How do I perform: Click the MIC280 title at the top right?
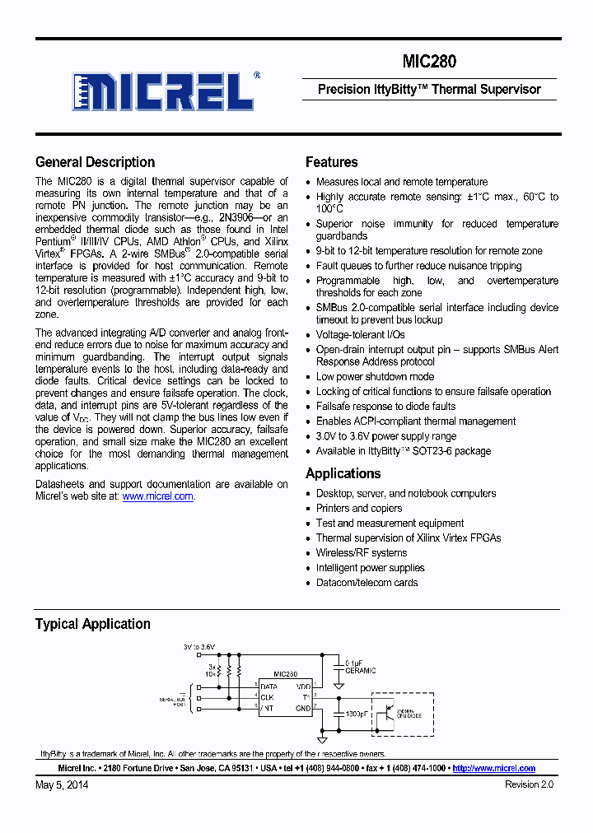429,62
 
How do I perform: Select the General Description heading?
95,162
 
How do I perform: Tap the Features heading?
331,162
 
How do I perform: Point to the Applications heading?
343,473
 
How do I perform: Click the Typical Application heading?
92,624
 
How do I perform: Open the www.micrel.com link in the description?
157,496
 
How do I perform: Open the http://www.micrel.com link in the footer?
494,768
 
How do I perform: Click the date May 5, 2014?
62,785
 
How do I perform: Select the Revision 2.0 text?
529,785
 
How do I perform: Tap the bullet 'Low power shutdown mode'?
375,376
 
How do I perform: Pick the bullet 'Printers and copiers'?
359,508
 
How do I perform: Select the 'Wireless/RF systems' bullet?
362,552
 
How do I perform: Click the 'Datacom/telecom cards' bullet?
367,582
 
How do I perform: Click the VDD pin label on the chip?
303,686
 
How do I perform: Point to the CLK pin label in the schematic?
268,696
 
